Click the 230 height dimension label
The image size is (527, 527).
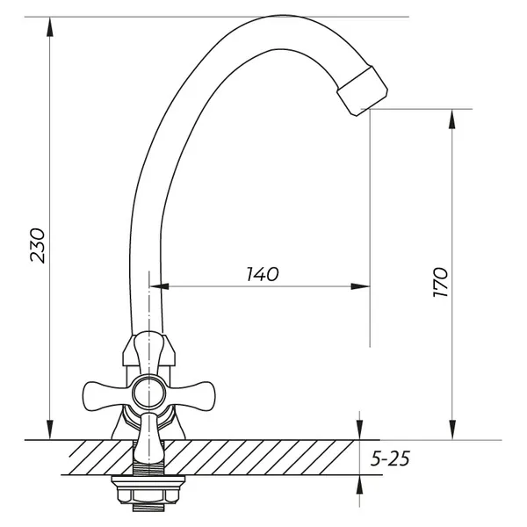click(x=37, y=245)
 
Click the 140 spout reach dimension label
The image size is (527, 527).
click(x=263, y=274)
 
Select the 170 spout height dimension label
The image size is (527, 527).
click(x=440, y=282)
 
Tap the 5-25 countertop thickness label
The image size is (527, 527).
click(x=390, y=458)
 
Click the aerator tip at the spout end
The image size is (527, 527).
click(x=362, y=90)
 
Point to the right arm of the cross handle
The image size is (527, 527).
click(x=191, y=396)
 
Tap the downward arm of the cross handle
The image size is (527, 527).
click(x=148, y=436)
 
